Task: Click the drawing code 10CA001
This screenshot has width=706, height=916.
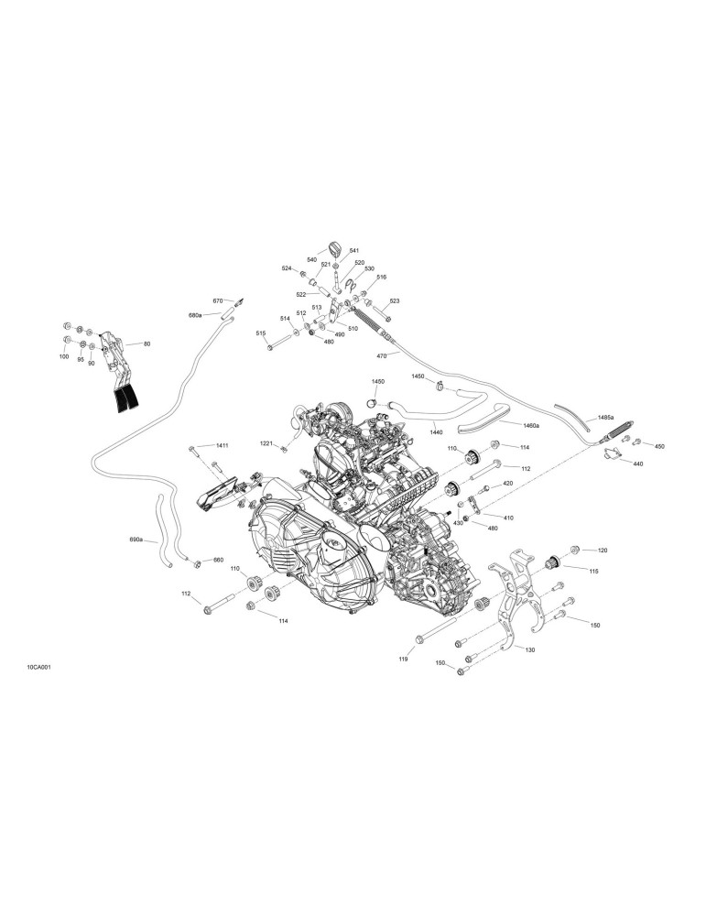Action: pos(38,667)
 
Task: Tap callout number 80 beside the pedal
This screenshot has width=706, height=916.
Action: pos(147,344)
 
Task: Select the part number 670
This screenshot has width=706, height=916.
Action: pos(218,300)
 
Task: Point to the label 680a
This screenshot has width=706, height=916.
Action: pos(195,315)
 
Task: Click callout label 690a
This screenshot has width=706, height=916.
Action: pos(136,540)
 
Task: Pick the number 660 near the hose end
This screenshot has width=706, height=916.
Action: pos(218,560)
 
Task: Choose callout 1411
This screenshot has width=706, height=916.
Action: pos(222,446)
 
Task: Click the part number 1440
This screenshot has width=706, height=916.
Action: pos(436,432)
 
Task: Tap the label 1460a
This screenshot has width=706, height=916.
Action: pos(531,425)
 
